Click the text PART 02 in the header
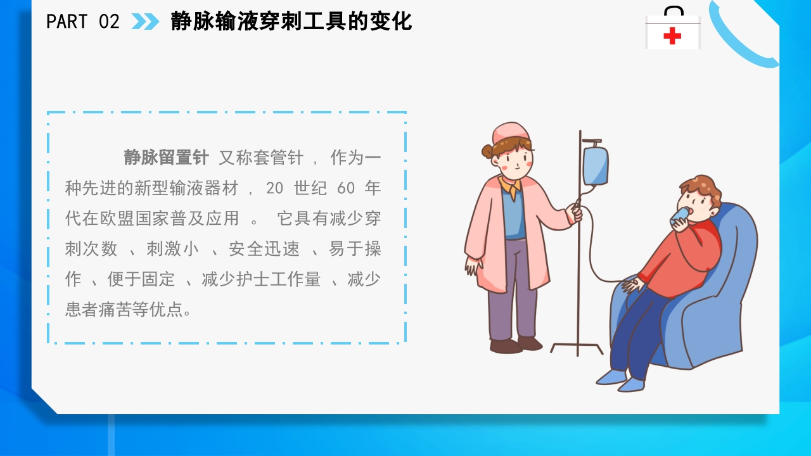tap(82, 22)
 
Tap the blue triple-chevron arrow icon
tap(145, 22)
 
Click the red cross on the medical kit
tap(672, 36)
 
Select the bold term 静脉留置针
tap(166, 158)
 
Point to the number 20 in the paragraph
tap(275, 188)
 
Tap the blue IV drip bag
tap(595, 165)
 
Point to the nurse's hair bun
tap(487, 151)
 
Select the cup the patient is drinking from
tap(679, 216)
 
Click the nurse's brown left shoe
tap(506, 346)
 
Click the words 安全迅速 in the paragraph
tap(264, 249)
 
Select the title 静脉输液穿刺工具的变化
tap(291, 22)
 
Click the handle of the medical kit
tap(673, 11)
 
